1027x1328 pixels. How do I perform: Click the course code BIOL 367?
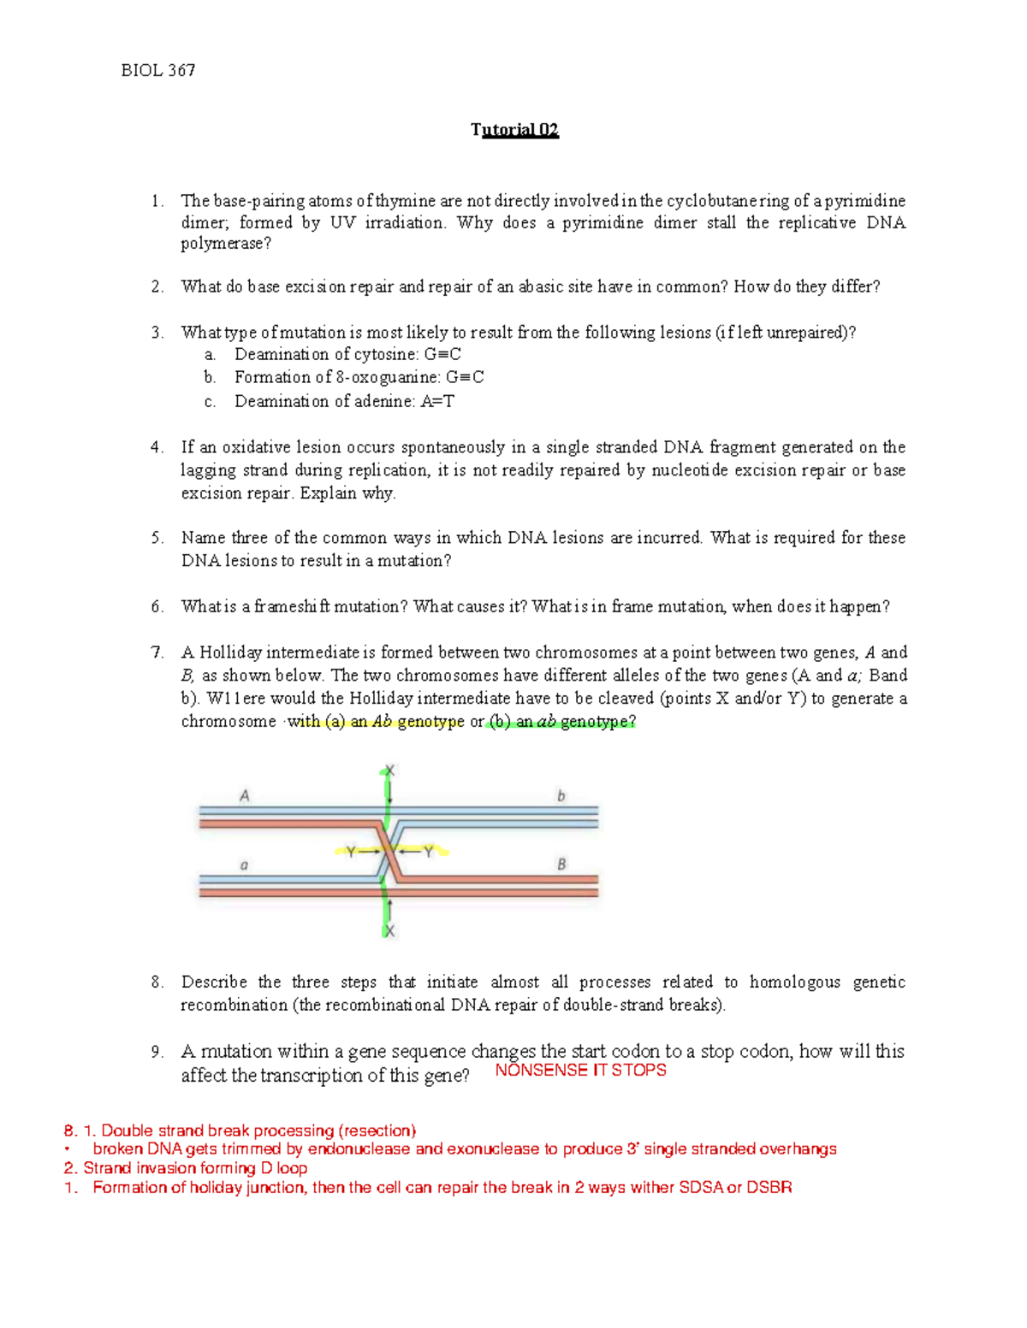coord(158,71)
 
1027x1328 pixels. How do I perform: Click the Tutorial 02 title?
coord(514,130)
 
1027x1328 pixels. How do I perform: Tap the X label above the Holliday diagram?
coord(389,770)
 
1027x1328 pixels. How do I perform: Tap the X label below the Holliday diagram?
coord(389,930)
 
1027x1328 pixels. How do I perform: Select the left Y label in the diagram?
coord(350,852)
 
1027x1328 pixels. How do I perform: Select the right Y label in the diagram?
coord(429,852)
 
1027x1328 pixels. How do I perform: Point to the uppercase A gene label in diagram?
coord(245,796)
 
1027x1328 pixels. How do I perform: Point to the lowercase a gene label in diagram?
coord(245,865)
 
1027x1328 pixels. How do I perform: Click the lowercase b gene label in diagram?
coord(561,796)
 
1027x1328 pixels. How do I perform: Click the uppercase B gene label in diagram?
coord(561,865)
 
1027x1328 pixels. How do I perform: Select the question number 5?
coord(157,538)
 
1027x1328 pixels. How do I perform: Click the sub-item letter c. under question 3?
coord(210,401)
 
